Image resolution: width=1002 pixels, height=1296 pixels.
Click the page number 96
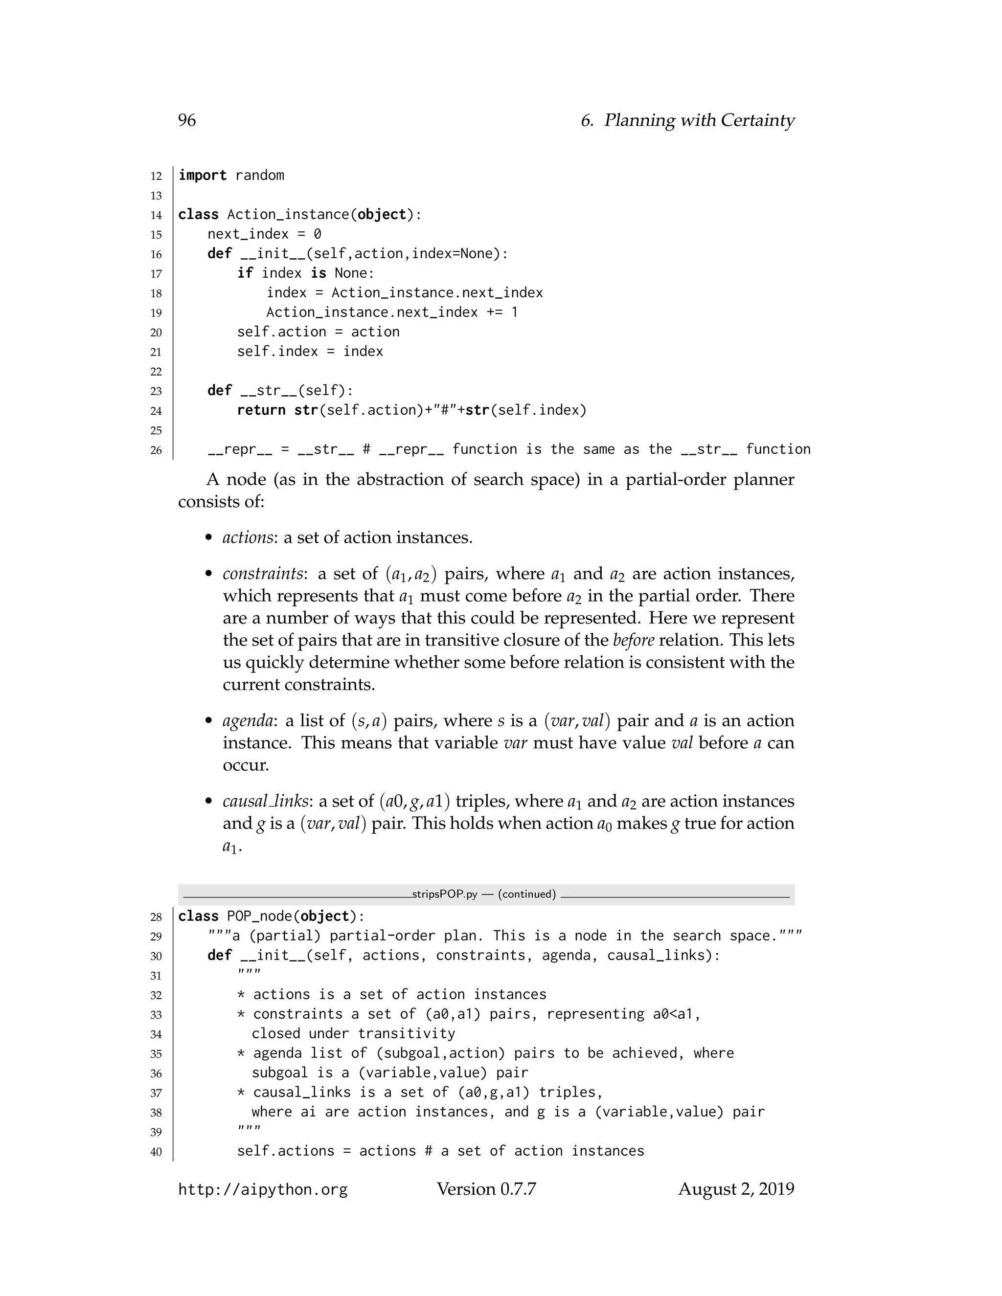pyautogui.click(x=186, y=120)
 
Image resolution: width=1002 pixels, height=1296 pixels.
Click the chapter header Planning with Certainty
pyautogui.click(x=699, y=120)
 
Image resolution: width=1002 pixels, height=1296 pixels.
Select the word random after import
pyautogui.click(x=259, y=176)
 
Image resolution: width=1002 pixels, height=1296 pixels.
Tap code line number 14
pyautogui.click(x=156, y=215)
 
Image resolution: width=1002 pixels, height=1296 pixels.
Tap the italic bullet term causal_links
pyautogui.click(x=265, y=802)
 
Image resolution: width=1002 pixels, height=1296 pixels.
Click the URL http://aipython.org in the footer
pyautogui.click(x=262, y=1190)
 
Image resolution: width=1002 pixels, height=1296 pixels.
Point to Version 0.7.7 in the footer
pyautogui.click(x=486, y=1189)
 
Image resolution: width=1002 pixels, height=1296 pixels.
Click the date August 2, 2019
pyautogui.click(x=735, y=1189)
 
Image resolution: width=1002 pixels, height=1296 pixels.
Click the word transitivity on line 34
pyautogui.click(x=406, y=1034)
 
